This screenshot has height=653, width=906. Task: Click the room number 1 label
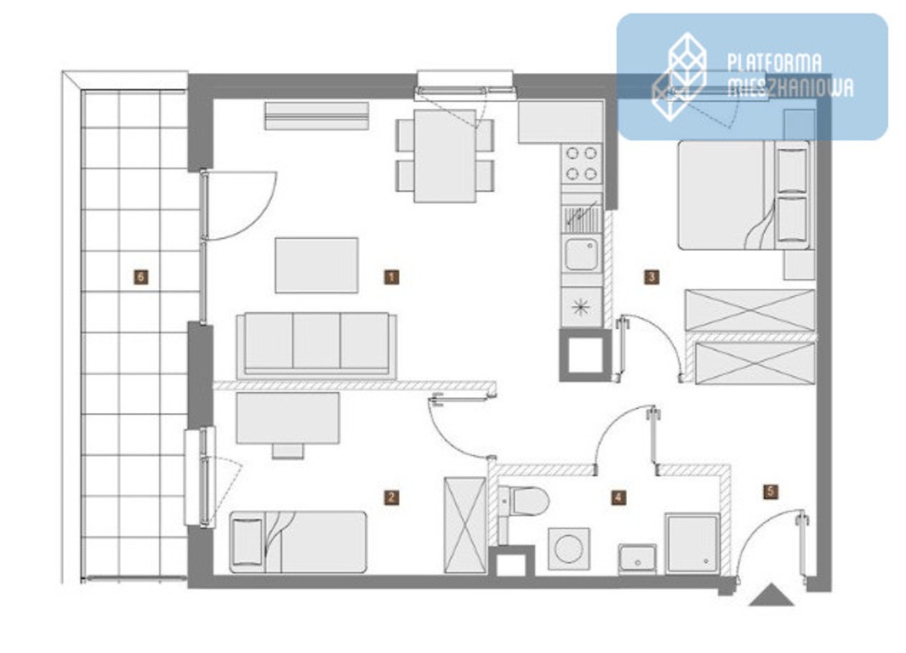391,277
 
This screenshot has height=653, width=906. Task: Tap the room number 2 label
391,497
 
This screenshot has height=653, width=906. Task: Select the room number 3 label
651,277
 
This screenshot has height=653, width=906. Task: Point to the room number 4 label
618,497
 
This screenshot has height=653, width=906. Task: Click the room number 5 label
770,492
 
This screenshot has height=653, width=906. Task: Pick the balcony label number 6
140,277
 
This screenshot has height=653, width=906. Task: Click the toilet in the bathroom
523,501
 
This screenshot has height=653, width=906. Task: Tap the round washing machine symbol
568,548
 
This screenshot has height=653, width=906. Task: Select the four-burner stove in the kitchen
581,163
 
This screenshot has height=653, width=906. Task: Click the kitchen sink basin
581,254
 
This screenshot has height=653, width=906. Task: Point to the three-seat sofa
316,345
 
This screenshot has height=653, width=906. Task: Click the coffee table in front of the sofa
316,265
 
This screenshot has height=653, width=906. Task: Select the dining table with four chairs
445,156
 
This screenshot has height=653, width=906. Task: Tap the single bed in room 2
298,542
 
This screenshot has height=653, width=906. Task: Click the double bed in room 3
744,196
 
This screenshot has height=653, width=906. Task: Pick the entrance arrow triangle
772,595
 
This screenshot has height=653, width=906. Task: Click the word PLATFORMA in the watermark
774,63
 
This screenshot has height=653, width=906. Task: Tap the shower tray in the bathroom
692,543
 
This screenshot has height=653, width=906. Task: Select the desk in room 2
288,418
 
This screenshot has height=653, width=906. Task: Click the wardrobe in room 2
465,525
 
